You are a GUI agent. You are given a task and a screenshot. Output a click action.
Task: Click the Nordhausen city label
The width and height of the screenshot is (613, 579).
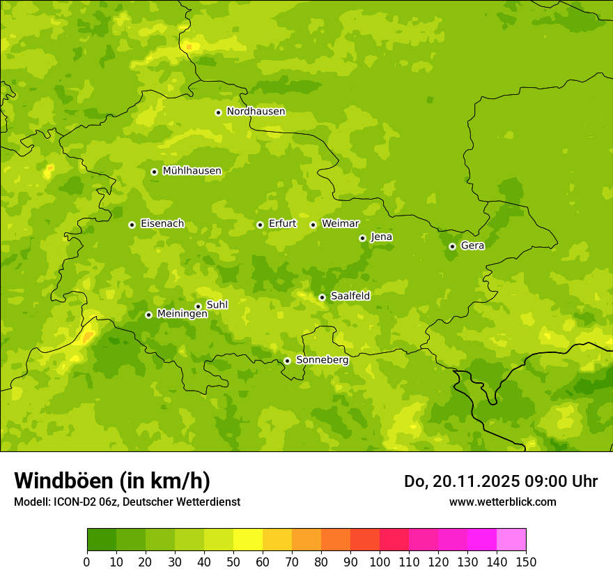[256, 112]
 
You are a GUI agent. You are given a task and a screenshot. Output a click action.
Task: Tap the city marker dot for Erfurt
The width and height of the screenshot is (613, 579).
[260, 225]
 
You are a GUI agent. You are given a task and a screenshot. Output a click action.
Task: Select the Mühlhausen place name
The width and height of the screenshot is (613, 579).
[192, 171]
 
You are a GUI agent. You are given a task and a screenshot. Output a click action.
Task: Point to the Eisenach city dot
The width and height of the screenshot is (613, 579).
[132, 225]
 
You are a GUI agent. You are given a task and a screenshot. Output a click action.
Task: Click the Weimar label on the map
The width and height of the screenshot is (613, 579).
[340, 224]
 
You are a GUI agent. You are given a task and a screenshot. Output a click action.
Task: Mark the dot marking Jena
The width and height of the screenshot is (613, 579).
[362, 238]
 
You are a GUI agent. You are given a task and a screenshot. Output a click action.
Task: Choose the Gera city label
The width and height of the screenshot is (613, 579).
[472, 246]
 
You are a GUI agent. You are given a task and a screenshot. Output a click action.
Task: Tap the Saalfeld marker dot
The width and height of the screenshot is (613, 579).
[322, 297]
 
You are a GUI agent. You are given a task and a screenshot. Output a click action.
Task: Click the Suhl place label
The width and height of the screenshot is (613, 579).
[217, 305]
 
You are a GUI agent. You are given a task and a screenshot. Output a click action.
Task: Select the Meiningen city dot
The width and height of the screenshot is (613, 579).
[148, 315]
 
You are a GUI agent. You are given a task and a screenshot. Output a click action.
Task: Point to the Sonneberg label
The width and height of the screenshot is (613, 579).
[322, 360]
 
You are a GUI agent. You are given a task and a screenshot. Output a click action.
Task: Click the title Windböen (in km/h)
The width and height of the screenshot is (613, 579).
[112, 481]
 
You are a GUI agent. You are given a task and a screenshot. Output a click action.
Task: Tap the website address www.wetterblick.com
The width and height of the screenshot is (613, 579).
[502, 502]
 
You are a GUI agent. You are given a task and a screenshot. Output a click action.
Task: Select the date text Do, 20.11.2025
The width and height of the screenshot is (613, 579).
[460, 481]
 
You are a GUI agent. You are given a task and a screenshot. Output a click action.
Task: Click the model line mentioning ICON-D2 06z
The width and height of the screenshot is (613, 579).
[127, 502]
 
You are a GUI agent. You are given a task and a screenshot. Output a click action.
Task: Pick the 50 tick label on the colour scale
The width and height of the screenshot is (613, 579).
[233, 562]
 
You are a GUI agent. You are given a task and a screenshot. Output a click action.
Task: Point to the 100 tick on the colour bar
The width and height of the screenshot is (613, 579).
[380, 562]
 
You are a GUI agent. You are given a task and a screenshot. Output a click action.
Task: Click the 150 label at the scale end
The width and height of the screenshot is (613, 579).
[526, 562]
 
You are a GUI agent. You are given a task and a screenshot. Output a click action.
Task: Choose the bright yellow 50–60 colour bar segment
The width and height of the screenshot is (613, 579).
[248, 540]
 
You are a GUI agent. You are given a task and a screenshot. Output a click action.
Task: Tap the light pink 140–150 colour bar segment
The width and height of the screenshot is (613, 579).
[511, 540]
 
